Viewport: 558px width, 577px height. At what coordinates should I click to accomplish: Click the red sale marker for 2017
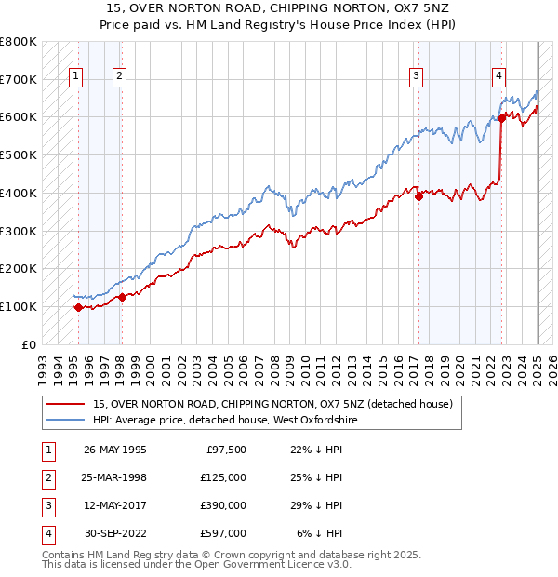[418, 195]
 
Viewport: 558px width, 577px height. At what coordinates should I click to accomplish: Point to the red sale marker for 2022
[501, 118]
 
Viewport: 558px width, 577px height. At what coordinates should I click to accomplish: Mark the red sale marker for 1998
[122, 297]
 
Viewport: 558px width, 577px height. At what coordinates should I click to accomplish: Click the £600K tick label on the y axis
[18, 117]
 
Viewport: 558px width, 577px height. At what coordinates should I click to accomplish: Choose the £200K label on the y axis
[18, 268]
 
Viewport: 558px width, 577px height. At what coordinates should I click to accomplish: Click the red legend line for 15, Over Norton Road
[66, 404]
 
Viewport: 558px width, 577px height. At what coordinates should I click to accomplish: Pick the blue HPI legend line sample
[66, 421]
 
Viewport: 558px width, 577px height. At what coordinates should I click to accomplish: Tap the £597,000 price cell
[223, 533]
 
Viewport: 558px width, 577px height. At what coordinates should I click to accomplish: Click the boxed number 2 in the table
[46, 478]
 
